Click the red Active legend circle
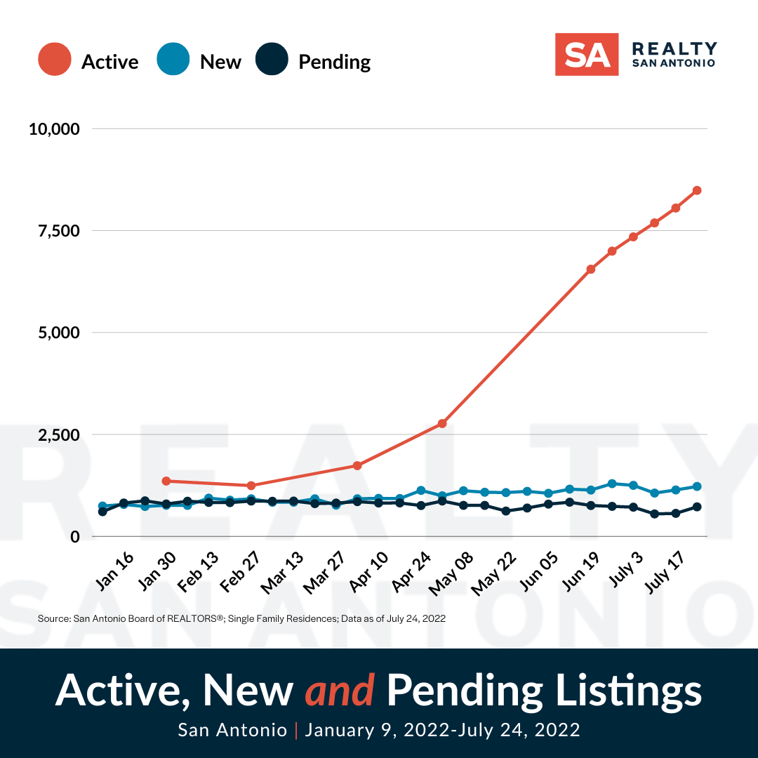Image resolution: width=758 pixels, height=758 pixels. [x=55, y=61]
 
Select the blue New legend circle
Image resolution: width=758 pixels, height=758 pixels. [x=173, y=61]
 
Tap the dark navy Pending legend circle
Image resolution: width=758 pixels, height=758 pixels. [x=272, y=61]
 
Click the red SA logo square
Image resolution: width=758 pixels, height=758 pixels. [x=587, y=54]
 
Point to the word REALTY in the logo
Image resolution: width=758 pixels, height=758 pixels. [x=674, y=48]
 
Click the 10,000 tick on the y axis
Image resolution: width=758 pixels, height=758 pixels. [x=55, y=129]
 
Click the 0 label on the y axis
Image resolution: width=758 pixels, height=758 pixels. [x=75, y=536]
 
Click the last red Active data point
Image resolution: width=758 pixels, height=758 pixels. [x=697, y=190]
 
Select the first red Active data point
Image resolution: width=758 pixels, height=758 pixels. [x=166, y=481]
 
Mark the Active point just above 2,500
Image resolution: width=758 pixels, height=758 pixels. [x=442, y=423]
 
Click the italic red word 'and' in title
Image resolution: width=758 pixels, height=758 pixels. [x=339, y=691]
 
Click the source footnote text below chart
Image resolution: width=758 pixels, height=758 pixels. [x=241, y=618]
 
